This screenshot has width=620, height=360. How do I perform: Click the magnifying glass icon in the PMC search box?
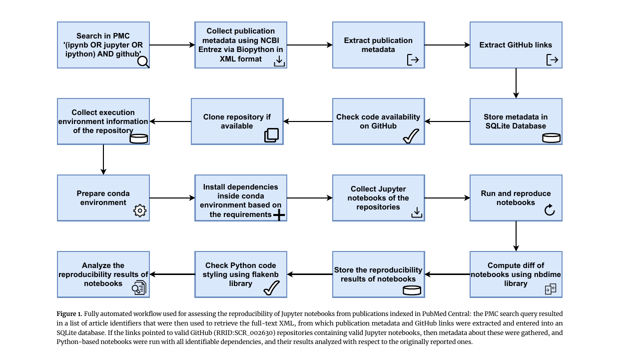point(143,62)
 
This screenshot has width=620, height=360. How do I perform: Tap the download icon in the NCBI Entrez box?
point(279,61)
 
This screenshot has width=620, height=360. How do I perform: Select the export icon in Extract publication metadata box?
point(413,59)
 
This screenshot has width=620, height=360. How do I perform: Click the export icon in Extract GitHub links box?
point(552,59)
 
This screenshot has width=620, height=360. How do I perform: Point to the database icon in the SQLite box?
point(551,138)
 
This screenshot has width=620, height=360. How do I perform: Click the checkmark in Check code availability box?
point(411,136)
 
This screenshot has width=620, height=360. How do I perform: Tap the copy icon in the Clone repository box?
point(271,135)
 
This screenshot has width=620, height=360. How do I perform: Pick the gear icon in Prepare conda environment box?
point(140,210)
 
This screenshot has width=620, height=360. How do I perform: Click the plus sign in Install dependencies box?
point(279,215)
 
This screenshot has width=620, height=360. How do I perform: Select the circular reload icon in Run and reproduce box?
point(550,210)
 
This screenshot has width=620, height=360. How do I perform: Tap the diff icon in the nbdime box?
point(551,289)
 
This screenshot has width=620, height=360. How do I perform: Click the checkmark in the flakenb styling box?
point(271,288)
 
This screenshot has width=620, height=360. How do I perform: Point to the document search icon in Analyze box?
point(139,287)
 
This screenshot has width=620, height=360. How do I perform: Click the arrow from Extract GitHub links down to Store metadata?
point(516,83)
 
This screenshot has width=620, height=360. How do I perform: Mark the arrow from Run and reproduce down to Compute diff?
point(516,236)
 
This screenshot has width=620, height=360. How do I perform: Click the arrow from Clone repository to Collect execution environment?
point(170,121)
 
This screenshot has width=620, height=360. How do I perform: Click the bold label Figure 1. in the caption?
point(69,314)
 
